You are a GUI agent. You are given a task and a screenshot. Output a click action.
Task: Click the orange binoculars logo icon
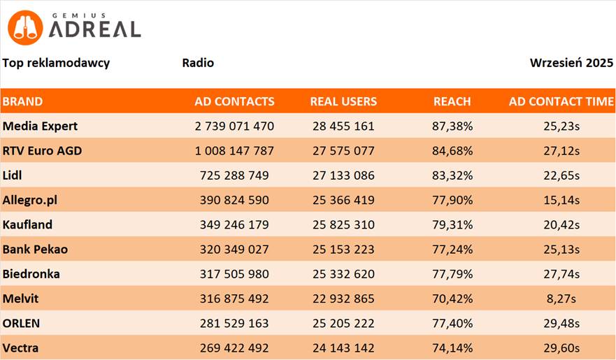pos(25,28)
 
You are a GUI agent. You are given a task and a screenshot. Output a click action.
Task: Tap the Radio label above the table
pos(198,63)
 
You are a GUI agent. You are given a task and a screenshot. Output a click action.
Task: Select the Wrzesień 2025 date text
pos(571,63)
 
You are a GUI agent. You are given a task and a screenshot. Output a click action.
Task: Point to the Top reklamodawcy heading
pos(56,63)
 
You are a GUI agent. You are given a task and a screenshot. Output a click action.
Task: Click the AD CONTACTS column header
pos(234,101)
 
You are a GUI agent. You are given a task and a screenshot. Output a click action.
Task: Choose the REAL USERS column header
pos(343,101)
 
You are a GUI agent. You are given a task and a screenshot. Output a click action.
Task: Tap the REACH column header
pos(452,101)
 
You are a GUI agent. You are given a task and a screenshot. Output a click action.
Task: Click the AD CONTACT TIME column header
pos(561,101)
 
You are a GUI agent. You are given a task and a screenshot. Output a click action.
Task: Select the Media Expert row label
pos(40,127)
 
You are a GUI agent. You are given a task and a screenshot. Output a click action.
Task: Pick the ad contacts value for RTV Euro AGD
pos(234,151)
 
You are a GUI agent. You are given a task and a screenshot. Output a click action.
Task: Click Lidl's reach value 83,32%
pos(452,175)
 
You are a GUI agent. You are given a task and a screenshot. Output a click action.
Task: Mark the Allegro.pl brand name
pos(29,201)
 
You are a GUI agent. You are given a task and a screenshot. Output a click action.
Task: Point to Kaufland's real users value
pos(343,225)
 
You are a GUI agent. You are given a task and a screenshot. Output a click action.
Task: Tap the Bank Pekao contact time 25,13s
pos(561,250)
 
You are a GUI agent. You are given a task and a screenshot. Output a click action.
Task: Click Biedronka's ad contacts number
pos(234,274)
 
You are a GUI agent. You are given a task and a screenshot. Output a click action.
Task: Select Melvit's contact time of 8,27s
pos(561,299)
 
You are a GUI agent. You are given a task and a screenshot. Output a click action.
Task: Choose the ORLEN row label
pos(21,324)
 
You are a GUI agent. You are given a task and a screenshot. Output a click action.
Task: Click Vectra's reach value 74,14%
pos(452,348)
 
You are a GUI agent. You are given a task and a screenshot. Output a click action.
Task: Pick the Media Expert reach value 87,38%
pos(452,127)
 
